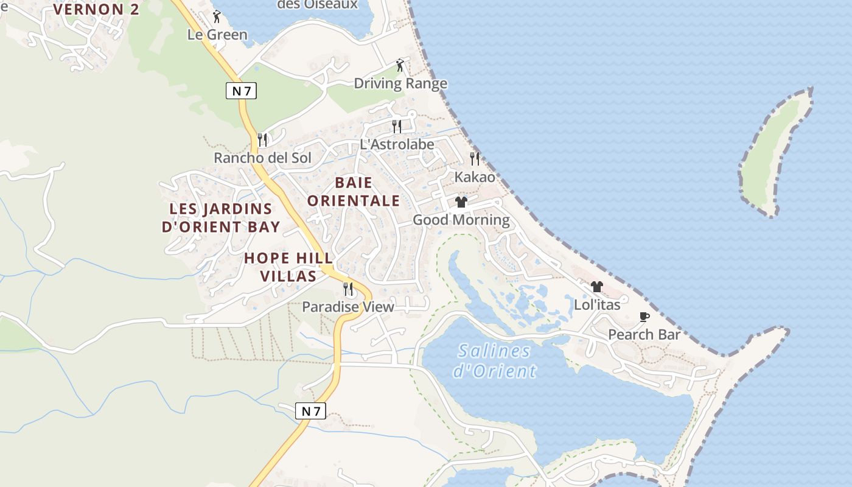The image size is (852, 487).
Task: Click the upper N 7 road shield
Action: (x=241, y=91)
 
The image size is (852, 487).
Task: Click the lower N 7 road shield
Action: (x=310, y=411)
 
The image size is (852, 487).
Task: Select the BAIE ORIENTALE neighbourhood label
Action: (x=354, y=192)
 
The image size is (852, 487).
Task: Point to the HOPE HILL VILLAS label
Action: (x=288, y=267)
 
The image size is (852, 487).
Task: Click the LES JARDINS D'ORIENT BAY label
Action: (x=221, y=218)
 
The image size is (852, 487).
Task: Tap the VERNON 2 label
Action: (x=96, y=9)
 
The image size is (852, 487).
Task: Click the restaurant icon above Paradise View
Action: (x=348, y=289)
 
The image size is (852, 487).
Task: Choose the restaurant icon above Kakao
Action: (x=475, y=158)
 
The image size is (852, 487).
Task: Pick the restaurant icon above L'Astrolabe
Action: (x=397, y=126)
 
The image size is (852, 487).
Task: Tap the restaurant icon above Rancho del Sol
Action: (x=262, y=139)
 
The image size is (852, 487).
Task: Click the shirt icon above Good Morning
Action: (x=461, y=201)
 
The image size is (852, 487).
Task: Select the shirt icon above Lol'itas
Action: (x=596, y=287)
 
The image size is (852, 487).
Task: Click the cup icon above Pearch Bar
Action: (x=644, y=317)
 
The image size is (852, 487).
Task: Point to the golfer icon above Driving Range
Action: (x=400, y=65)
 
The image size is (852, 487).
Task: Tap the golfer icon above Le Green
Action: (x=217, y=16)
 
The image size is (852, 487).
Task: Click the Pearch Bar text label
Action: (x=644, y=335)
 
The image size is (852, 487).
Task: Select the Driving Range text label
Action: (x=400, y=83)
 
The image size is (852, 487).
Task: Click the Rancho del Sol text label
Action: (x=262, y=158)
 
